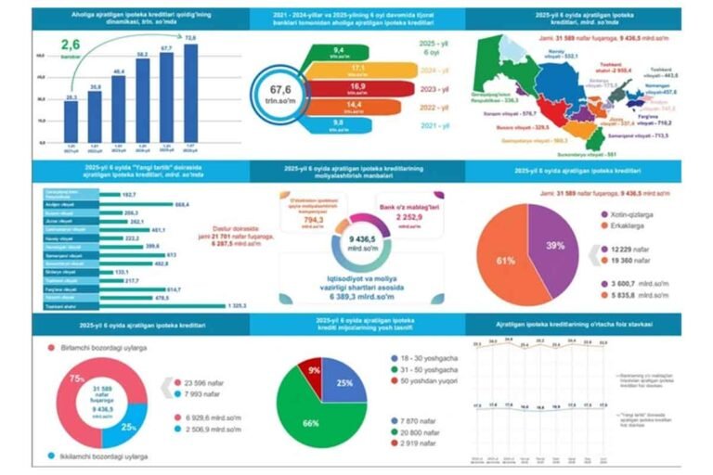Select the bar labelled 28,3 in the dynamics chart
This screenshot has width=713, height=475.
pyautogui.click(x=71, y=121)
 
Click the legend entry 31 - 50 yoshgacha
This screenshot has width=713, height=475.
pyautogui.click(x=433, y=368)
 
